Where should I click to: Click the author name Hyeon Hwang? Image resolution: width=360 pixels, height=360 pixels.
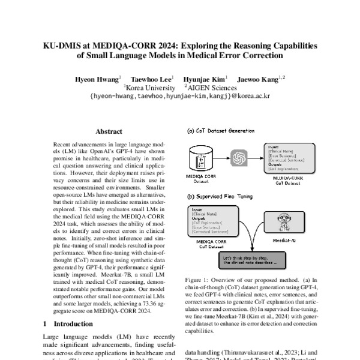(x=97, y=79)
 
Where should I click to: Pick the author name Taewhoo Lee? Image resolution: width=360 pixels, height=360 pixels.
(x=152, y=79)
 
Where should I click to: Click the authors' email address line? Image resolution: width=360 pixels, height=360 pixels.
(x=179, y=95)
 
